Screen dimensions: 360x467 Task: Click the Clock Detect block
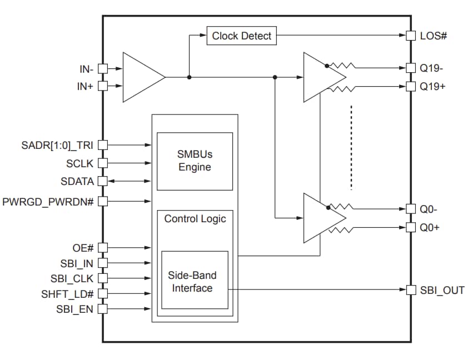(x=241, y=36)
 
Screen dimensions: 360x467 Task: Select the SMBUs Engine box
(x=195, y=161)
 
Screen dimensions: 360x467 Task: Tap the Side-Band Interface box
(x=195, y=281)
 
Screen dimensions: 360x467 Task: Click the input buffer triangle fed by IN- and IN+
(x=142, y=77)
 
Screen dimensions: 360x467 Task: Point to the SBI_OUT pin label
(x=441, y=290)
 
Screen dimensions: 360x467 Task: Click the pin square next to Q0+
(x=411, y=227)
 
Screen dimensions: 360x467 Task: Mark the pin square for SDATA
(x=102, y=182)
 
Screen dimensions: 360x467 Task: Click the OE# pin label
(x=83, y=247)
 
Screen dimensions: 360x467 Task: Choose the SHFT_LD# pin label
(x=67, y=294)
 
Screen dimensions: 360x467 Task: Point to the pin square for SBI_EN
(x=102, y=309)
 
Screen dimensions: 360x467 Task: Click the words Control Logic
(x=195, y=219)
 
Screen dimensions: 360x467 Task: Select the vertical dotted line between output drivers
(x=351, y=147)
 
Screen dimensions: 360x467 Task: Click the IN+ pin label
(x=85, y=86)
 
